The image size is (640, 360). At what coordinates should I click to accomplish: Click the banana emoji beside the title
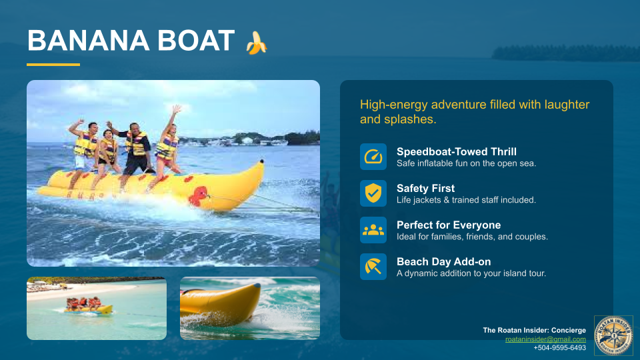point(257,43)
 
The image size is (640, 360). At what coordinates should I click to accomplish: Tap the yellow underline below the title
point(53,65)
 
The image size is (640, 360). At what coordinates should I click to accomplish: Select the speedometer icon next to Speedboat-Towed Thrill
point(373,157)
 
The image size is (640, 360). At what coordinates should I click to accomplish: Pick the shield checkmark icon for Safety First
point(373,193)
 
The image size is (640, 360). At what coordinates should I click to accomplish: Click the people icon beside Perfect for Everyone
point(373,230)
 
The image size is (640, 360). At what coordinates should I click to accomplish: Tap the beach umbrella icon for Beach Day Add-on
point(373,267)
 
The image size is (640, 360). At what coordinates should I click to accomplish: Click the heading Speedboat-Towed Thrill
point(456,151)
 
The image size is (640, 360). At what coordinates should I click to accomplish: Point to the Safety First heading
point(425,188)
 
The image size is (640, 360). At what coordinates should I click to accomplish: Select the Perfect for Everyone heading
point(448,225)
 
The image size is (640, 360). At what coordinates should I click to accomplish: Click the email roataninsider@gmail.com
point(545,339)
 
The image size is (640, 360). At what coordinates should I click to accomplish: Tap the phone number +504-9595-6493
point(559,348)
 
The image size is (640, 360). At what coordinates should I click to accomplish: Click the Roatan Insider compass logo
point(613,335)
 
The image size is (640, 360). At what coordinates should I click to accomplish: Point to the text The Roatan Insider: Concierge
point(534,331)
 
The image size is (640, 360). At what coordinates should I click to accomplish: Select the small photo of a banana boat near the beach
point(97,308)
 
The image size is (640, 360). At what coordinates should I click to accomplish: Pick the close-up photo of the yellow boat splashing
point(250,308)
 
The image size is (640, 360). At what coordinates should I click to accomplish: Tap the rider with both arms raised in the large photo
point(168,143)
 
